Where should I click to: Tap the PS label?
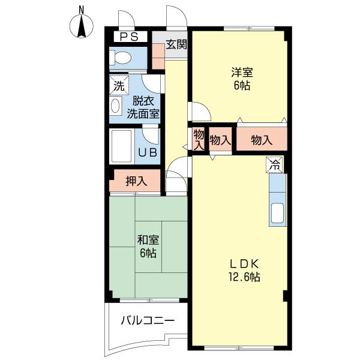128,37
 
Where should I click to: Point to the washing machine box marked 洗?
119,85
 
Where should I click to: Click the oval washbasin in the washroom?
116,106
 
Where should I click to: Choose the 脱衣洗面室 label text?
143,106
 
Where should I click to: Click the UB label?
148,152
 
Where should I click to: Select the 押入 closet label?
136,181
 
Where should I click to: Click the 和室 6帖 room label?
148,247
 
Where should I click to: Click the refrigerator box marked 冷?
275,164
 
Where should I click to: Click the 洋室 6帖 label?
242,79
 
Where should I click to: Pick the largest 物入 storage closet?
262,140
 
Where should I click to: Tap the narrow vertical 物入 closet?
198,140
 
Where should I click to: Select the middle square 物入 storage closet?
220,140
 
